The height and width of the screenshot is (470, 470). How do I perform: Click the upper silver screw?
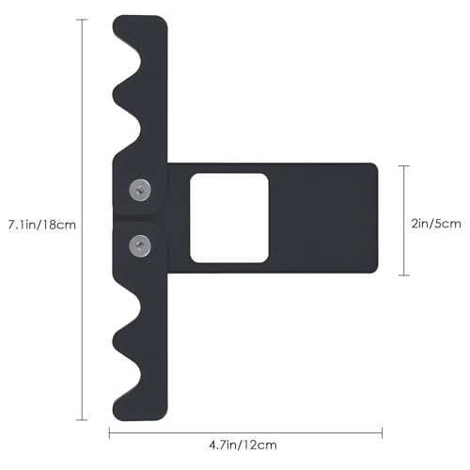pyautogui.click(x=140, y=190)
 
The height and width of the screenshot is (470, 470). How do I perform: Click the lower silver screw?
pyautogui.click(x=140, y=245)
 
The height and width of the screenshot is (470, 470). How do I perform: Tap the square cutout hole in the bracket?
pyautogui.click(x=229, y=218)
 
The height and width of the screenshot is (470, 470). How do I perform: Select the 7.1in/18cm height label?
pyautogui.click(x=42, y=225)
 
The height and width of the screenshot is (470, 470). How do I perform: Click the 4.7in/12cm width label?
pyautogui.click(x=243, y=446)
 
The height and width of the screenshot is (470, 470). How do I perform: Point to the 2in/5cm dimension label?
pyautogui.click(x=436, y=224)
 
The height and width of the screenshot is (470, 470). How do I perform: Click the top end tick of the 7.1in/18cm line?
pyautogui.click(x=82, y=20)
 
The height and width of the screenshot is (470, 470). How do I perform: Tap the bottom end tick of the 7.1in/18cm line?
pyautogui.click(x=82, y=420)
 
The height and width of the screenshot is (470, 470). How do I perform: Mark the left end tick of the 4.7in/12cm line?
pyautogui.click(x=109, y=433)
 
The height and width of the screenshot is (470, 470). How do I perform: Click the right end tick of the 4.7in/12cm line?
pyautogui.click(x=382, y=433)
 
